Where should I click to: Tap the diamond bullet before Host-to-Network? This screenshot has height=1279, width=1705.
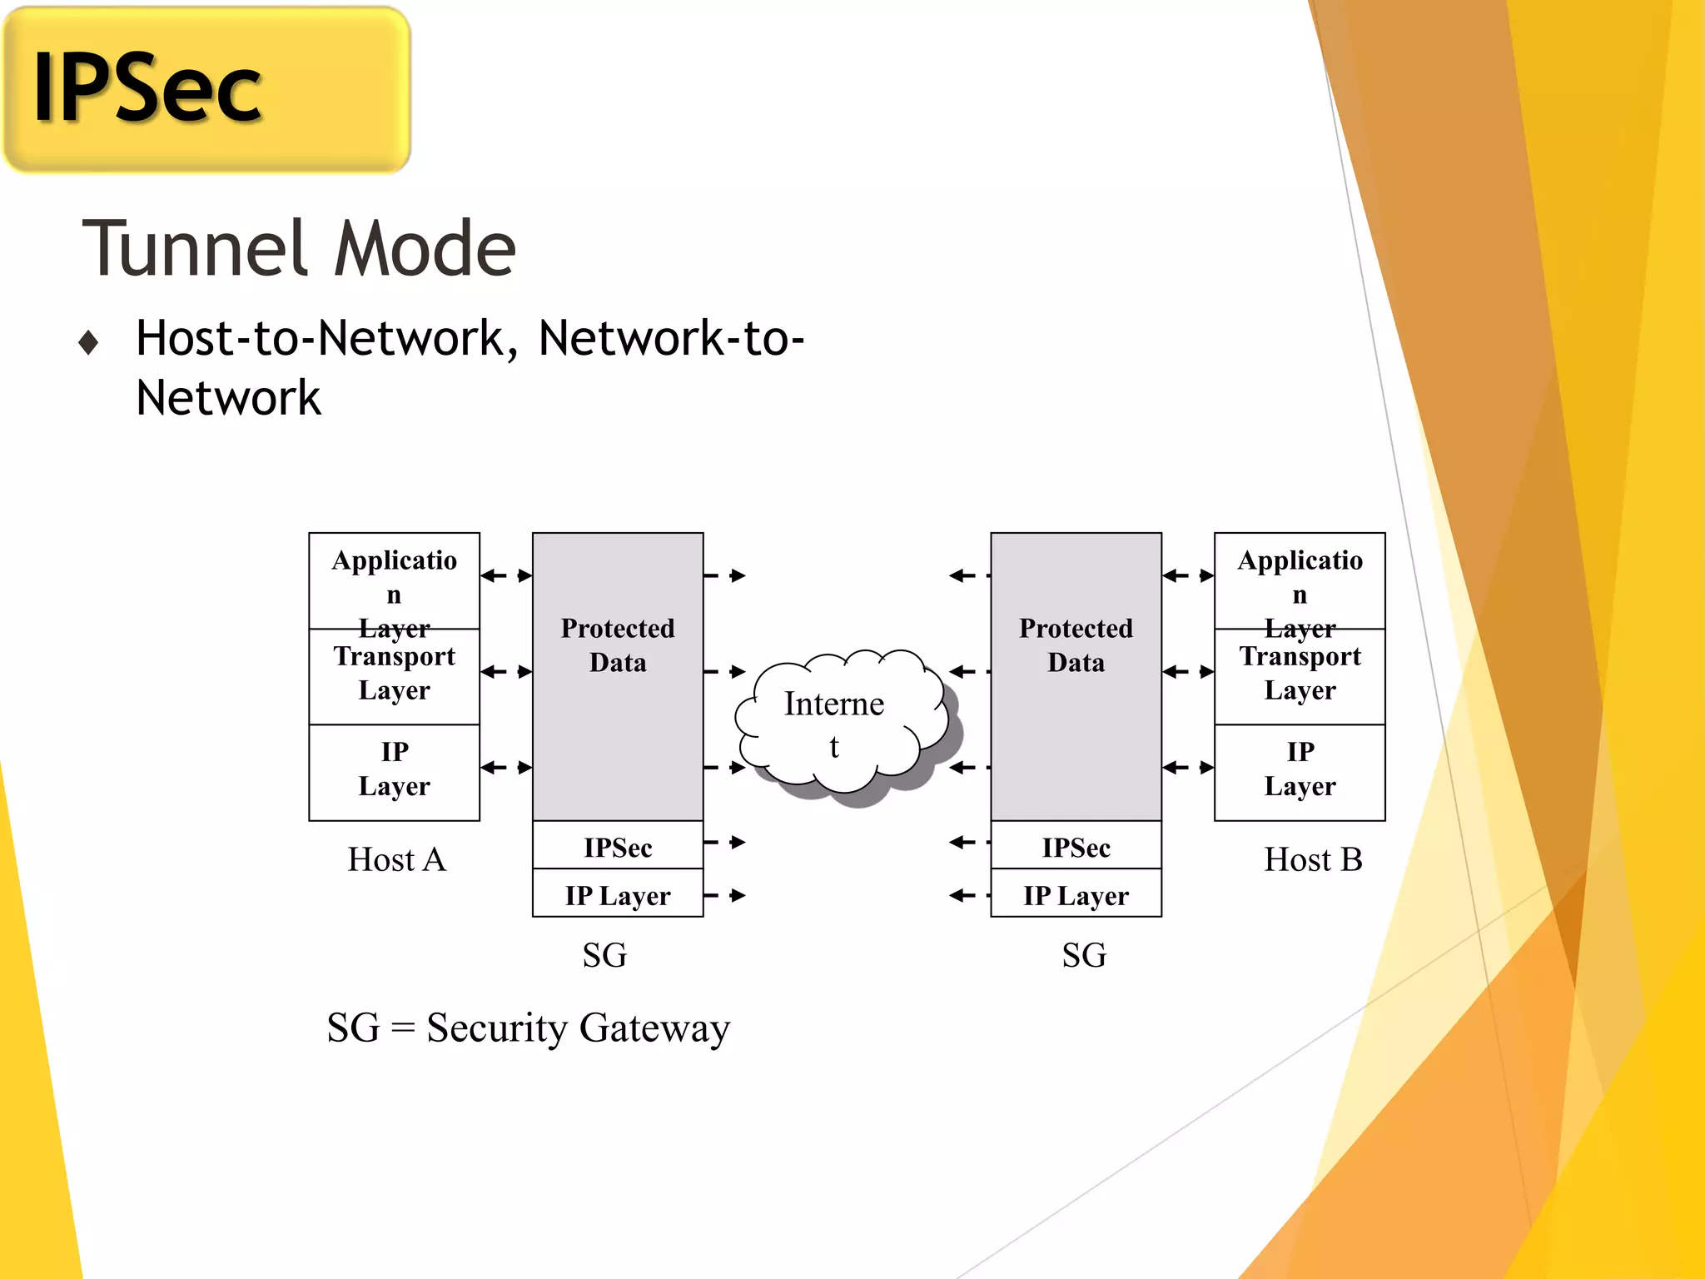tap(88, 342)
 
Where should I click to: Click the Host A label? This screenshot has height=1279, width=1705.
tap(396, 859)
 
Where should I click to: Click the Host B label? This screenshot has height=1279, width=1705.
tap(1312, 859)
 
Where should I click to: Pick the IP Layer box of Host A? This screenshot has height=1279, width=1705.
tap(394, 771)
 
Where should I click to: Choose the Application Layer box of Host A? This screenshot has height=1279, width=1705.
tap(394, 580)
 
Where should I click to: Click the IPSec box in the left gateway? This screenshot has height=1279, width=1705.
tap(618, 846)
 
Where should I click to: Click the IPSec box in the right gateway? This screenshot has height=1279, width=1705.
tap(1076, 846)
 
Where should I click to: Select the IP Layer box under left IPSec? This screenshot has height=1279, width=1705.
tap(618, 894)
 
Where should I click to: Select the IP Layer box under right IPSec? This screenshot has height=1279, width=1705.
tap(1076, 894)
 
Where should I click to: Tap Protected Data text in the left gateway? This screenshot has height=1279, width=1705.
tap(618, 644)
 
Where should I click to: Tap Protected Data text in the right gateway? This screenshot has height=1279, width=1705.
tap(1076, 644)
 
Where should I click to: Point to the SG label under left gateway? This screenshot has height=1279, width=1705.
tap(604, 954)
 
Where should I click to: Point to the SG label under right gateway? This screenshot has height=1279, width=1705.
tap(1084, 954)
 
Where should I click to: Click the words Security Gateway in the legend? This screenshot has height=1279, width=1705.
tap(578, 1028)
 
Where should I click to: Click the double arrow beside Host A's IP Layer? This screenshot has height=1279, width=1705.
tap(506, 767)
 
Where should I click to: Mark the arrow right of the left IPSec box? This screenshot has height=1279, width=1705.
tap(725, 842)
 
